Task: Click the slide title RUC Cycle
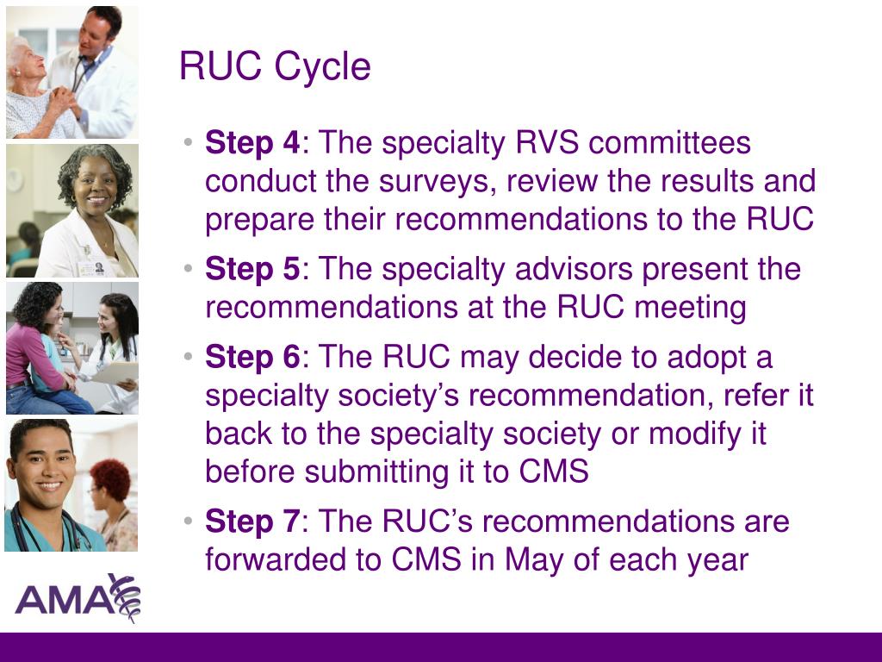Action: pos(275,67)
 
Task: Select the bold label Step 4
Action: pos(252,143)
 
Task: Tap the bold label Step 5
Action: pos(252,270)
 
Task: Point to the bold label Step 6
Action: pos(252,358)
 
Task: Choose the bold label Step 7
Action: pos(252,522)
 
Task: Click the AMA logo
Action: pos(77,596)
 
